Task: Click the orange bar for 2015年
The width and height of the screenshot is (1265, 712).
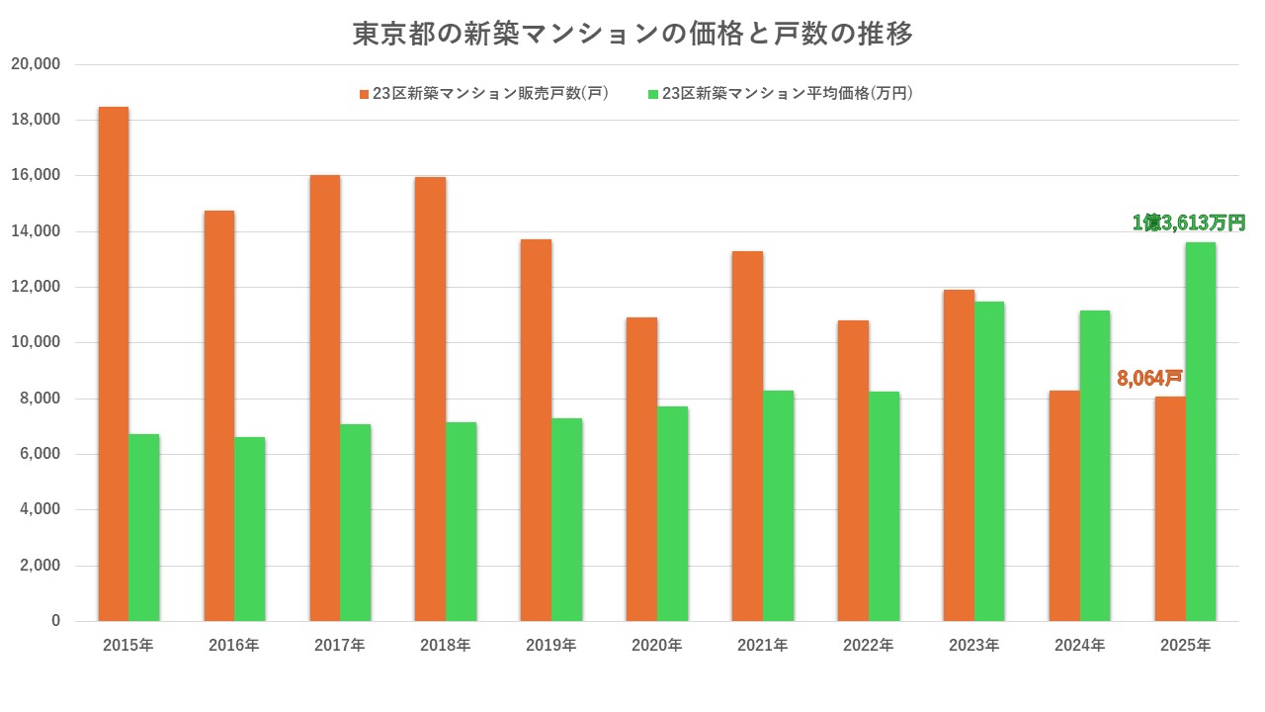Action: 113,364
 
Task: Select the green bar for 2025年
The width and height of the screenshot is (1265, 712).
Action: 1201,431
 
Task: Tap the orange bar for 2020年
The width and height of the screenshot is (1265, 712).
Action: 641,469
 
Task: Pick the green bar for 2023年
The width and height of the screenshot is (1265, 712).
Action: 989,461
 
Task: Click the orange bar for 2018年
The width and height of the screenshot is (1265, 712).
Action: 430,399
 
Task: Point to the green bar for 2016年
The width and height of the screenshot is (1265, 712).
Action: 250,529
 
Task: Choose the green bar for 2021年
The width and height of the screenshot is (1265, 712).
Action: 778,505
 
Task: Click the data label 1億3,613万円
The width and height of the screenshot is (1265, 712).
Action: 1188,223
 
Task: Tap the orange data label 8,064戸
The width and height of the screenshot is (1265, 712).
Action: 1149,378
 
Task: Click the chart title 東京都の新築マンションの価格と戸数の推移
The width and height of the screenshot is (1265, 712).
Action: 632,34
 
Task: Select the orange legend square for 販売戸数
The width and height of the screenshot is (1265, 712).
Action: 364,94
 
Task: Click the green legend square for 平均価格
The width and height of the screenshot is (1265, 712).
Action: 652,94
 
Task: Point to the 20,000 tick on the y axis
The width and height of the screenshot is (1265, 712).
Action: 36,64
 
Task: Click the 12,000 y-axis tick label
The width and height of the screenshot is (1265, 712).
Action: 36,287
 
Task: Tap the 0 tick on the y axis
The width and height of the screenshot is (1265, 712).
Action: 55,621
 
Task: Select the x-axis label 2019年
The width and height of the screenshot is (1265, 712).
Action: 550,646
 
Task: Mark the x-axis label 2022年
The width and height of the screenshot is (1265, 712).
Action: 868,646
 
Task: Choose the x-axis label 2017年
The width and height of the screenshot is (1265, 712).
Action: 339,646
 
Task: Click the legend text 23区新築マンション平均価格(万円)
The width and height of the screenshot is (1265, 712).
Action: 787,94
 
